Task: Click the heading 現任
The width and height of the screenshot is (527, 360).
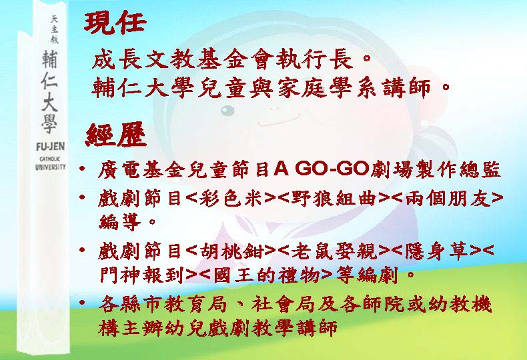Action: pyautogui.click(x=115, y=23)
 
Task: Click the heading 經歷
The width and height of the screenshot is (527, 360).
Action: pyautogui.click(x=116, y=134)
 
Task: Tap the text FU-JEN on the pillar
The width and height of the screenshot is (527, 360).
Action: pyautogui.click(x=50, y=147)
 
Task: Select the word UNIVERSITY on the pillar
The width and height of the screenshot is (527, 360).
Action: pyautogui.click(x=50, y=167)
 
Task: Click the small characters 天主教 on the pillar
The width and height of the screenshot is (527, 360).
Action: pyautogui.click(x=54, y=29)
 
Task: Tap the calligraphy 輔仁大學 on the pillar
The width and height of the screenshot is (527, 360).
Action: pyautogui.click(x=49, y=92)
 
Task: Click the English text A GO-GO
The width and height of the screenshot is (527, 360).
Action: pyautogui.click(x=322, y=169)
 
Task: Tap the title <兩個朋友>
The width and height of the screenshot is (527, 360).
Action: pyautogui.click(x=448, y=199)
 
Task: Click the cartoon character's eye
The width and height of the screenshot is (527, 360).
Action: pyautogui.click(x=227, y=110)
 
